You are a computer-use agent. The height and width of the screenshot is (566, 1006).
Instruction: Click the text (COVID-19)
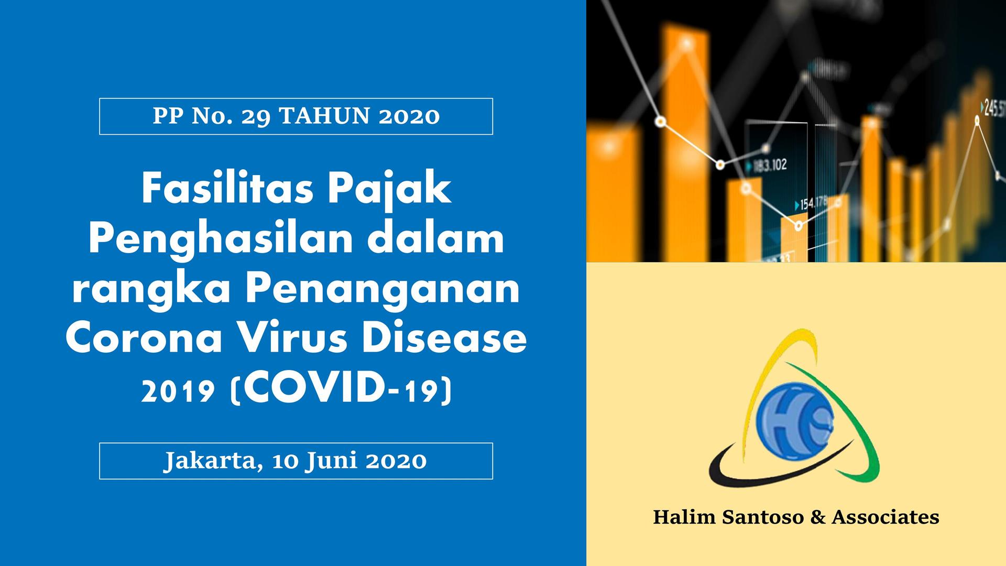(x=341, y=388)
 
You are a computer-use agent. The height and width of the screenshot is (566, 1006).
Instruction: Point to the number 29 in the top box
(x=256, y=116)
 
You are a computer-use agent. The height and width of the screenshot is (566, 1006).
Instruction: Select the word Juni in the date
(x=332, y=461)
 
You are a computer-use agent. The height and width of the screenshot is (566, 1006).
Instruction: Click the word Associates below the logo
(x=885, y=517)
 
